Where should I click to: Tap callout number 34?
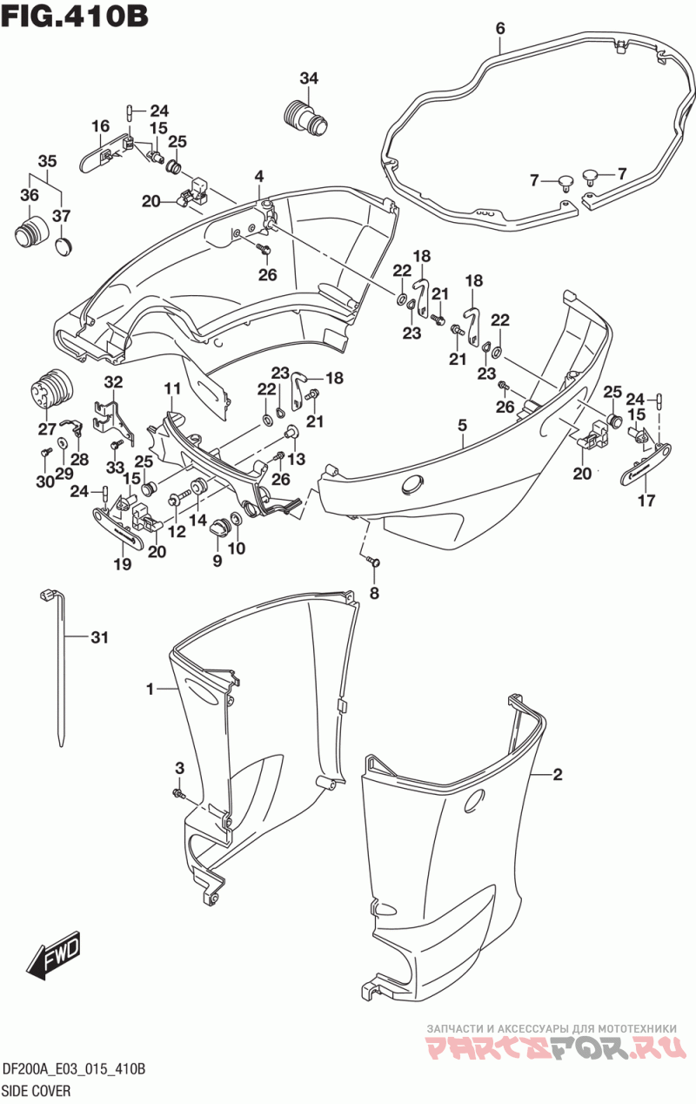tap(309, 77)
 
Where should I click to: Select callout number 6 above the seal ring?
tap(500, 29)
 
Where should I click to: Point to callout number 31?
tap(99, 637)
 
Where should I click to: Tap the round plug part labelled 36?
tap(31, 232)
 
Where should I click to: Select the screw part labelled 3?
tap(177, 792)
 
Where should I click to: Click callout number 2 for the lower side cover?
tap(557, 775)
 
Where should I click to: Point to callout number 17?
tap(646, 501)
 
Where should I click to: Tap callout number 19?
tap(123, 564)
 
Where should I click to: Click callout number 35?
tap(47, 161)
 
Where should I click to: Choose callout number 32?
tap(113, 382)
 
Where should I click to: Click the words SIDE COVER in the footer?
tap(37, 1090)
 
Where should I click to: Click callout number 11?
tap(172, 389)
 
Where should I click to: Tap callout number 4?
tap(259, 176)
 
